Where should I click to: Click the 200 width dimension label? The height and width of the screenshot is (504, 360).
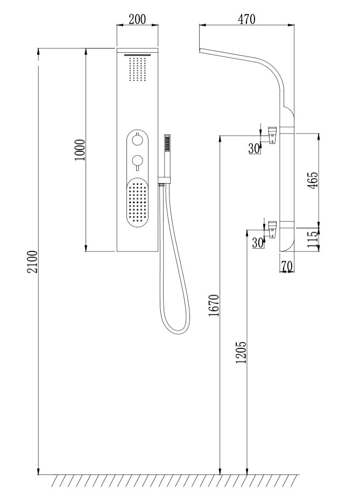[x=138, y=19]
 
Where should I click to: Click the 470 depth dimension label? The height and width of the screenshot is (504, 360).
[x=246, y=19]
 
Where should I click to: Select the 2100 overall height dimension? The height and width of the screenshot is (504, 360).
[x=33, y=262]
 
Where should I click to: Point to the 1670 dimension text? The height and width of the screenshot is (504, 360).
[x=214, y=305]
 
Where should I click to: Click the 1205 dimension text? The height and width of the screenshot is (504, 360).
[x=241, y=352]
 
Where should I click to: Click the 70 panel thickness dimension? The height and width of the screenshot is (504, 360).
[x=287, y=265]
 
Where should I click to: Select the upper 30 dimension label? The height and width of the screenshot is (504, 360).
[x=254, y=148]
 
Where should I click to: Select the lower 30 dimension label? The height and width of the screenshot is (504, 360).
[x=258, y=242]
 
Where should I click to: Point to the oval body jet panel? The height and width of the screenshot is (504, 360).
[x=137, y=204]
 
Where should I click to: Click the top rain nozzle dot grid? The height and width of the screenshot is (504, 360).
[x=138, y=69]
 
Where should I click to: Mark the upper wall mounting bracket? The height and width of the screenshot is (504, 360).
[x=273, y=133]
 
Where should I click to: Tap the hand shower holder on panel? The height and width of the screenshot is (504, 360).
[x=161, y=184]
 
